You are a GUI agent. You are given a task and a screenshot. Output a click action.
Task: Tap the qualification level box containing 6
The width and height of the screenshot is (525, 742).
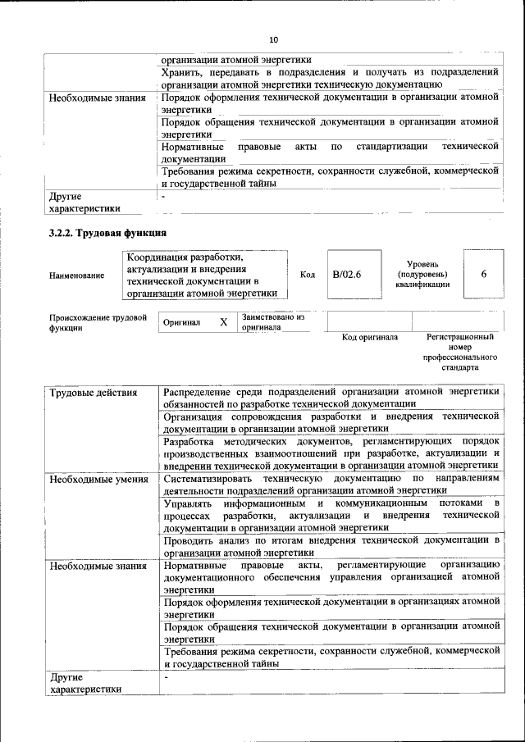coord(484,274)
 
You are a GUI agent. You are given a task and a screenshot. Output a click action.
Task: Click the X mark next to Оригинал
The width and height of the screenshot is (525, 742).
coord(223,322)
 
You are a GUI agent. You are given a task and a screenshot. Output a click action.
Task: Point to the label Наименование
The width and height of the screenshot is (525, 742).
coord(77,275)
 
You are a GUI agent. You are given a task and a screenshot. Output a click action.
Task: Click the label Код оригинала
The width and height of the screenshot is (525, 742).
coord(370,337)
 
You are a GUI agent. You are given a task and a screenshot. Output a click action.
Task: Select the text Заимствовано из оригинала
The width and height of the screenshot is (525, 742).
coord(273,321)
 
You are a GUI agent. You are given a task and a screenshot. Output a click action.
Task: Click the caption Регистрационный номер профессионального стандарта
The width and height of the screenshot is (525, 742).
coord(460,353)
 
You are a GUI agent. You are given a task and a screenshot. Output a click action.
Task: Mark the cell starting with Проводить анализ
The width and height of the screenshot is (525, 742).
coord(331,546)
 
